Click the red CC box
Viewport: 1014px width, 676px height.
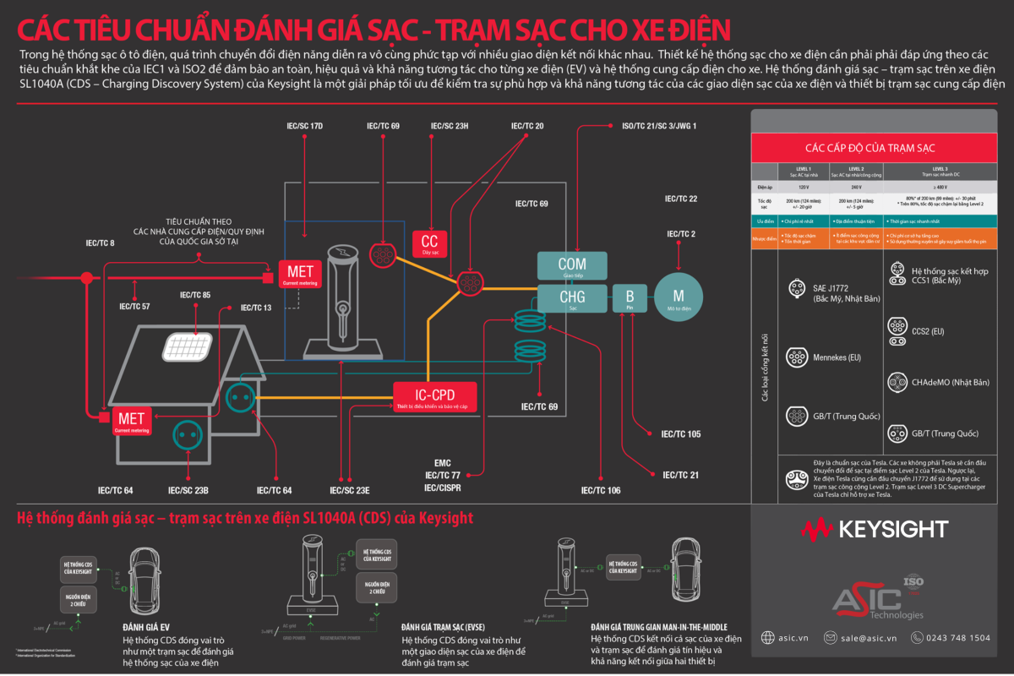pyautogui.click(x=429, y=243)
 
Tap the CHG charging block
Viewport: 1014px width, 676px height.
pyautogui.click(x=572, y=298)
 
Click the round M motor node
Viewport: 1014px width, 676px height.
pyautogui.click(x=678, y=296)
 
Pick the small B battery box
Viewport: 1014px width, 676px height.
pyautogui.click(x=630, y=298)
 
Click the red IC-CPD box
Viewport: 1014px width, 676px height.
pyautogui.click(x=434, y=396)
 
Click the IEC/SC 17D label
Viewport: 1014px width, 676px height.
pyautogui.click(x=304, y=127)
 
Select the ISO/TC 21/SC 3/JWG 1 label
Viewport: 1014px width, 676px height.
pyautogui.click(x=659, y=127)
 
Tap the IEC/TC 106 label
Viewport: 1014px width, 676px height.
pyautogui.click(x=601, y=490)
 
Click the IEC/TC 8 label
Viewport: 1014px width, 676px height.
pyautogui.click(x=100, y=243)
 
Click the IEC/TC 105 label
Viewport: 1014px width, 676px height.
pyautogui.click(x=680, y=434)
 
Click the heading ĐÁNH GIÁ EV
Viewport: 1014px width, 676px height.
pyautogui.click(x=147, y=628)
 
